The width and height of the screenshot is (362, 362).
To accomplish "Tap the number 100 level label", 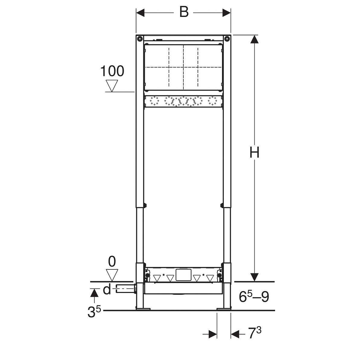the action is coord(112,71).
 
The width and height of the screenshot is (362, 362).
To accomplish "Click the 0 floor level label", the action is coord(112,262).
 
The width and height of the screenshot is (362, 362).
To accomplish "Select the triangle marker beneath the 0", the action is coord(112,275).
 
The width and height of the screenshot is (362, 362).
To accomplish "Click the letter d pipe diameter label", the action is coord(107,290).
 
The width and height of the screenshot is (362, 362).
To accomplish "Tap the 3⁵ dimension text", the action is coord(94,312).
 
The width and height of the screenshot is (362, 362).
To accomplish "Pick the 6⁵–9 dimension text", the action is coord(254,297).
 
